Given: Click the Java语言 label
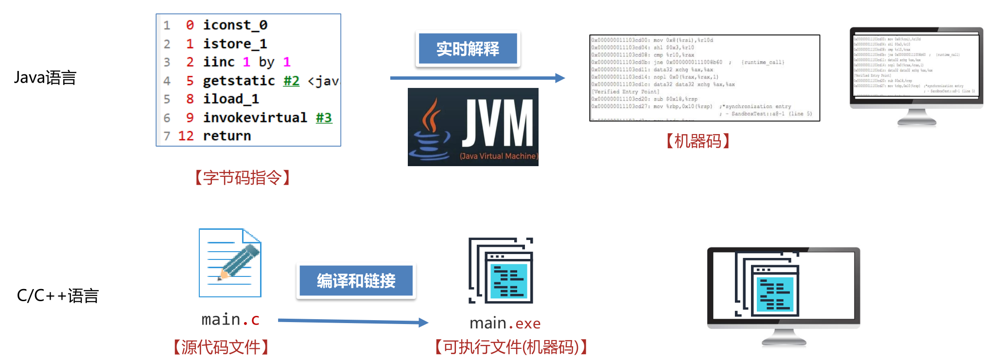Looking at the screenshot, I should pyautogui.click(x=45, y=78).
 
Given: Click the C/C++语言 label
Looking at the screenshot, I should pyautogui.click(x=58, y=295).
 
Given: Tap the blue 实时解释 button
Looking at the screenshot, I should pyautogui.click(x=468, y=49).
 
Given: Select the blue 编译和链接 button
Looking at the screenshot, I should pyautogui.click(x=356, y=281).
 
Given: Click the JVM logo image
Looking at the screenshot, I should pyautogui.click(x=473, y=127).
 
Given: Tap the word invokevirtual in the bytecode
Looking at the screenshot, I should pyautogui.click(x=255, y=118).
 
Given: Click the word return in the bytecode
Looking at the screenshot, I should pyautogui.click(x=227, y=136).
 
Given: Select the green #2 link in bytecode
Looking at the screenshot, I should pyautogui.click(x=291, y=81).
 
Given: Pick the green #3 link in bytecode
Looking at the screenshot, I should pyautogui.click(x=324, y=118).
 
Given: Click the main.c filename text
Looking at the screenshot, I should pyautogui.click(x=230, y=319).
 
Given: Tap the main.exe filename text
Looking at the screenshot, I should pyautogui.click(x=505, y=323).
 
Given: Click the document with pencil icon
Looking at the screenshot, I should pyautogui.click(x=230, y=263).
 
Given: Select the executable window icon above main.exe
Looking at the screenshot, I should pyautogui.click(x=501, y=271).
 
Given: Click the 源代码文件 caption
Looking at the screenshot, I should pyautogui.click(x=221, y=347).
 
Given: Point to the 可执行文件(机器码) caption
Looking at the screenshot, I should pyautogui.click(x=511, y=347).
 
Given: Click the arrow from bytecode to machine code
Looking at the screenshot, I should pyautogui.click(x=476, y=78).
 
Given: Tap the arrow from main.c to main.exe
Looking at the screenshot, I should pyautogui.click(x=352, y=321).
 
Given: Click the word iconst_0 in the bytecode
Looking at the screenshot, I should pyautogui.click(x=235, y=25).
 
